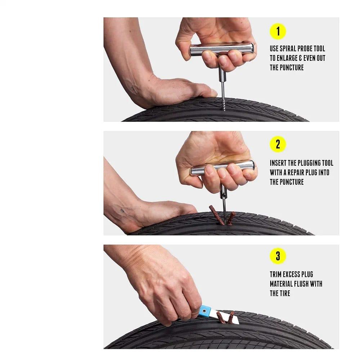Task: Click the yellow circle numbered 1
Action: click(278, 31)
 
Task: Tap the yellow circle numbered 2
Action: click(278, 144)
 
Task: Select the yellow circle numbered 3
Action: click(278, 256)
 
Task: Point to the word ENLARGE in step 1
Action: click(287, 58)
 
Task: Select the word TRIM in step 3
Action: click(275, 274)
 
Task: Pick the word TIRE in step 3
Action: click(285, 293)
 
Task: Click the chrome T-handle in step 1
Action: click(221, 49)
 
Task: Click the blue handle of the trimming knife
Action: click(206, 311)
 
